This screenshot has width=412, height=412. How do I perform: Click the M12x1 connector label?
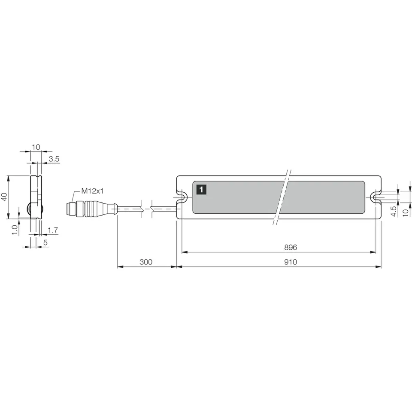click(93, 191)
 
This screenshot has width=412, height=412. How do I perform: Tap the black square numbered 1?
click(201, 189)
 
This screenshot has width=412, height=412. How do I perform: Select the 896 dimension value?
click(291, 247)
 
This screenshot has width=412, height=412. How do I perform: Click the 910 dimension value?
click(291, 262)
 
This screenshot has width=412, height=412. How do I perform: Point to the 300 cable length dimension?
click(146, 262)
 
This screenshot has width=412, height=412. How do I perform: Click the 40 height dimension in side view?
click(4, 197)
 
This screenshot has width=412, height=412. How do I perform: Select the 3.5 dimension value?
click(54, 159)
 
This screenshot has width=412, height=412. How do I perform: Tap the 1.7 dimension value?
click(53, 230)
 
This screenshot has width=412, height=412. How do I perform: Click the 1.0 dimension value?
click(15, 230)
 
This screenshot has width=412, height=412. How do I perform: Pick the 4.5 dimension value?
click(394, 211)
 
